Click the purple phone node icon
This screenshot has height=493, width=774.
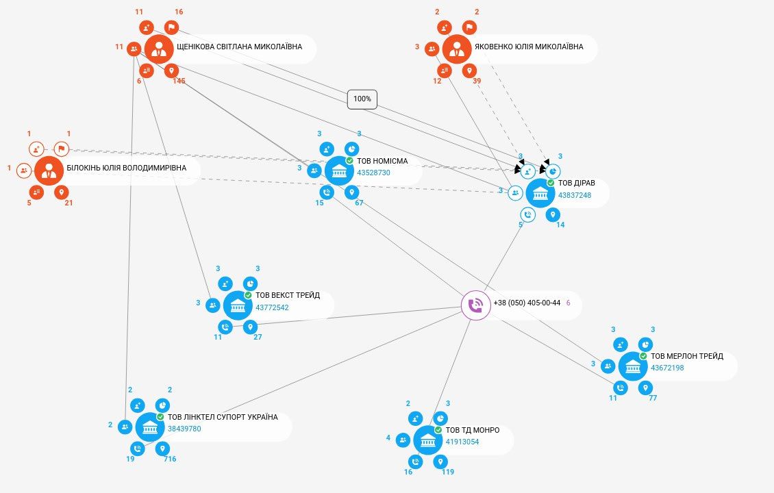475,305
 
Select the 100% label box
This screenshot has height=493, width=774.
362,99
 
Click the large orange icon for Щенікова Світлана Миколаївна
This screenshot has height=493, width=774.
159,49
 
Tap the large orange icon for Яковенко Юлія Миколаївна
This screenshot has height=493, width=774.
457,49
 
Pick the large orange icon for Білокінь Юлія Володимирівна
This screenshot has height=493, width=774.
49,170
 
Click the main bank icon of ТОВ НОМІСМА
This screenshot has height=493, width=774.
339,170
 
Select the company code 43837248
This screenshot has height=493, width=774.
575,195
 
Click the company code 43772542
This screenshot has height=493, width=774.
272,307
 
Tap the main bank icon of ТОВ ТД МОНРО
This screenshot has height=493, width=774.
427,440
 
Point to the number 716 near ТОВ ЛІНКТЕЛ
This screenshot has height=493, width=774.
171,459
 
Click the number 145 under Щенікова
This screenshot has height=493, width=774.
179,81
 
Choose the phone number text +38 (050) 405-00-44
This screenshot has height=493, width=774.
527,303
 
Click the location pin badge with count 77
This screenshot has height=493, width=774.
645,388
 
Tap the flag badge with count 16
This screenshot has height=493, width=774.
171,27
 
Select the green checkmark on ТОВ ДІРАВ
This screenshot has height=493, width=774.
551,183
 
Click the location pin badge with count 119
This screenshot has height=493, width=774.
440,462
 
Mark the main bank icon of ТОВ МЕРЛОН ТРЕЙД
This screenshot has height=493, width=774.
633,366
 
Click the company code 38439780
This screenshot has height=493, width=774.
184,429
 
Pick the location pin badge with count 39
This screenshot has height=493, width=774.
469,71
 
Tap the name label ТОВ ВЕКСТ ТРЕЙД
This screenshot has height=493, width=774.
288,295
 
